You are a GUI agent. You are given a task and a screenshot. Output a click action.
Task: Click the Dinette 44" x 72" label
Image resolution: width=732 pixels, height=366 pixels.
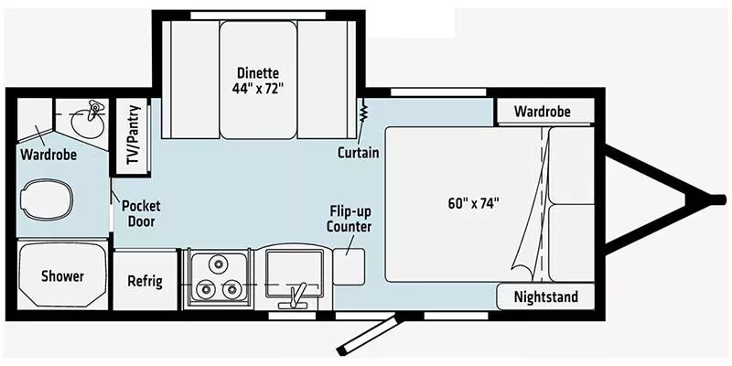pyautogui.click(x=257, y=81)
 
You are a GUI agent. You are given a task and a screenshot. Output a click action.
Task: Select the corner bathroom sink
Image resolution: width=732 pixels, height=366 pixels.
pyautogui.click(x=88, y=118)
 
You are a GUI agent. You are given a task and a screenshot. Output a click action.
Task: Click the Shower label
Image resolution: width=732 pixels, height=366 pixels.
pyautogui.click(x=62, y=276)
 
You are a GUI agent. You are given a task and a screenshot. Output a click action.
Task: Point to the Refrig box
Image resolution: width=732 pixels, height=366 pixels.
pyautogui.click(x=145, y=281)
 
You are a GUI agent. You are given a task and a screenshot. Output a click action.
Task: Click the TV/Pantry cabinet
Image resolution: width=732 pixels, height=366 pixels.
pyautogui.click(x=130, y=136)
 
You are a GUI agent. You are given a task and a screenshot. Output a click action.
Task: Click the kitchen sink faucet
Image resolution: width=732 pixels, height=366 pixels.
pyautogui.click(x=296, y=294)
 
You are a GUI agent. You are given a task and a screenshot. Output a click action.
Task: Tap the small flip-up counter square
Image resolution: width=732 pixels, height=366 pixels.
pyautogui.click(x=350, y=264)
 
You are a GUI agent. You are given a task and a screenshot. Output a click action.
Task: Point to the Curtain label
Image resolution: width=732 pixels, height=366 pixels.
pyautogui.click(x=358, y=152)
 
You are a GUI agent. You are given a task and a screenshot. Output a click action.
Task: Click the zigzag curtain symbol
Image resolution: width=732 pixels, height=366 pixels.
pyautogui.click(x=363, y=114)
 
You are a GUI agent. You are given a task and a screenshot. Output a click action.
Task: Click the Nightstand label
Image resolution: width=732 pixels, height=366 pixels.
pyautogui.click(x=545, y=297)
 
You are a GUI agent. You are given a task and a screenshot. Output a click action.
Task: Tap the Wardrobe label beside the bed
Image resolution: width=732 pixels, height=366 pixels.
pyautogui.click(x=542, y=112)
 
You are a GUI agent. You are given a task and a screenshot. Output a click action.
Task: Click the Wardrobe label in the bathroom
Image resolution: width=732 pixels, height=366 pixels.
pyautogui.click(x=48, y=155)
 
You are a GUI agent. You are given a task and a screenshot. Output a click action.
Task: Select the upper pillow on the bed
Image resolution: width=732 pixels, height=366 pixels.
pyautogui.click(x=572, y=166)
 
